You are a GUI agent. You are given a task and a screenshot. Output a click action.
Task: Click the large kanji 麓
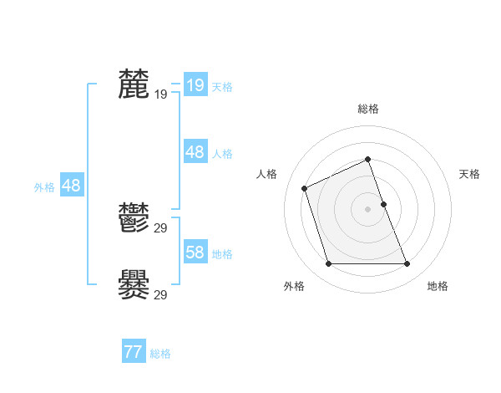pyautogui.click(x=134, y=84)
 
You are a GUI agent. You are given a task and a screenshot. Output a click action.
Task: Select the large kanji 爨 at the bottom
pyautogui.click(x=134, y=284)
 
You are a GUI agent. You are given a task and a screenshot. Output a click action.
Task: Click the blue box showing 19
pyautogui.click(x=195, y=85)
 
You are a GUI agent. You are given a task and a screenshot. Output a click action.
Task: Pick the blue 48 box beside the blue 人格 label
pyautogui.click(x=195, y=152)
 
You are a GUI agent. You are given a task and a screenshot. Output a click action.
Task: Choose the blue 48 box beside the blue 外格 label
pyautogui.click(x=71, y=186)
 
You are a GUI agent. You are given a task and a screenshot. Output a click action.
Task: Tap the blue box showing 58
pyautogui.click(x=195, y=253)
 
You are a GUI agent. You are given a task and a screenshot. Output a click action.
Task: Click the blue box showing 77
pyautogui.click(x=134, y=353)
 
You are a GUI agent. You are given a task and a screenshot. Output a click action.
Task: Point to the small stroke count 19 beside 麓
pyautogui.click(x=160, y=94)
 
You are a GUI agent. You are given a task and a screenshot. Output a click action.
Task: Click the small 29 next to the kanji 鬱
pyautogui.click(x=160, y=228)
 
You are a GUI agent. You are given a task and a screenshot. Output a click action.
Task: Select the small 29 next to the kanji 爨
pyautogui.click(x=160, y=294)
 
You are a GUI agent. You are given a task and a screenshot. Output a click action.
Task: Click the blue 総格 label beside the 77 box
pyautogui.click(x=160, y=354)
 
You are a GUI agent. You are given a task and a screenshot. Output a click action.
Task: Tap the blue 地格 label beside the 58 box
pyautogui.click(x=222, y=254)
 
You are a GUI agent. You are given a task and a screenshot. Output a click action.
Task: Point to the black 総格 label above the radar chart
pyautogui.click(x=368, y=109)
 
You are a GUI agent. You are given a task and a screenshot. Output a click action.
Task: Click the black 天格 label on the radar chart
pyautogui.click(x=469, y=174)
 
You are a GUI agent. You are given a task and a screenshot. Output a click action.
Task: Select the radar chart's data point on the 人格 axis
pyautogui.click(x=305, y=188)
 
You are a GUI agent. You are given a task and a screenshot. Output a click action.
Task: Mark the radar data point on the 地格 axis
pyautogui.click(x=407, y=264)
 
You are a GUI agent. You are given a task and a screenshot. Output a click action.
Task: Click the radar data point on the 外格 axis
pyautogui.click(x=328, y=264)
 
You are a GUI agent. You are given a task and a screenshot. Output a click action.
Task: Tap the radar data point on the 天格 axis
pyautogui.click(x=383, y=204)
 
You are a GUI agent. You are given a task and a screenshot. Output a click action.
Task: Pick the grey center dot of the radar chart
pyautogui.click(x=367, y=209)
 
